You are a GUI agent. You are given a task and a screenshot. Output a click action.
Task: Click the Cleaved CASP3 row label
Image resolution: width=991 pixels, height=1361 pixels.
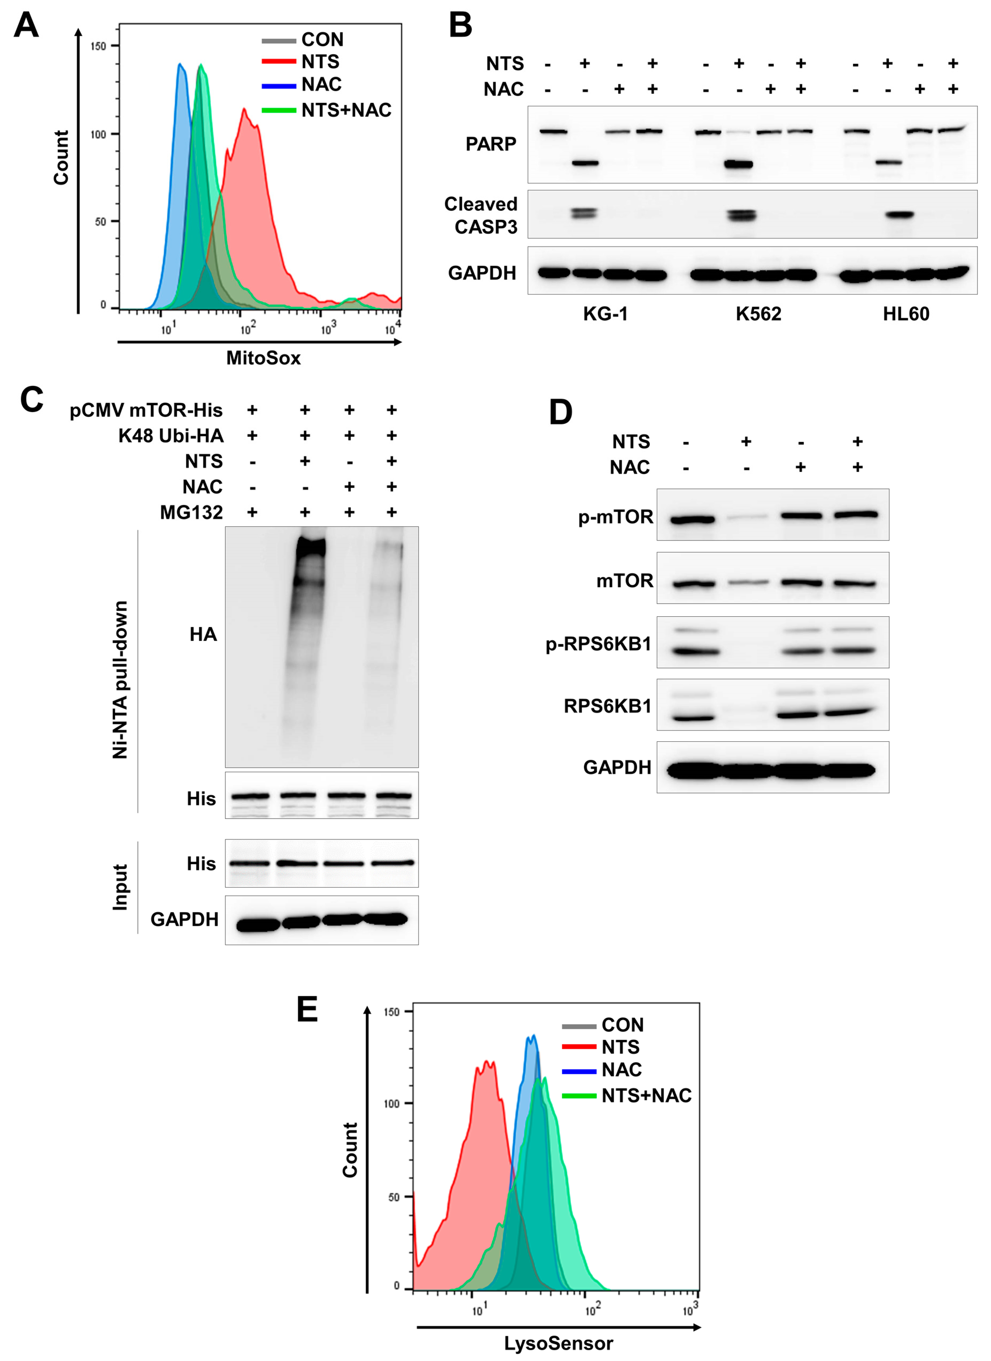[x=481, y=216]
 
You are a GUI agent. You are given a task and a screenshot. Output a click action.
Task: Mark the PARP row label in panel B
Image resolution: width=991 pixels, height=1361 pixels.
[x=491, y=144]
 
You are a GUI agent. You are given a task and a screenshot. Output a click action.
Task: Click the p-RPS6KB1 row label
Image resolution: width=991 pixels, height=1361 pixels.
[x=598, y=644]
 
